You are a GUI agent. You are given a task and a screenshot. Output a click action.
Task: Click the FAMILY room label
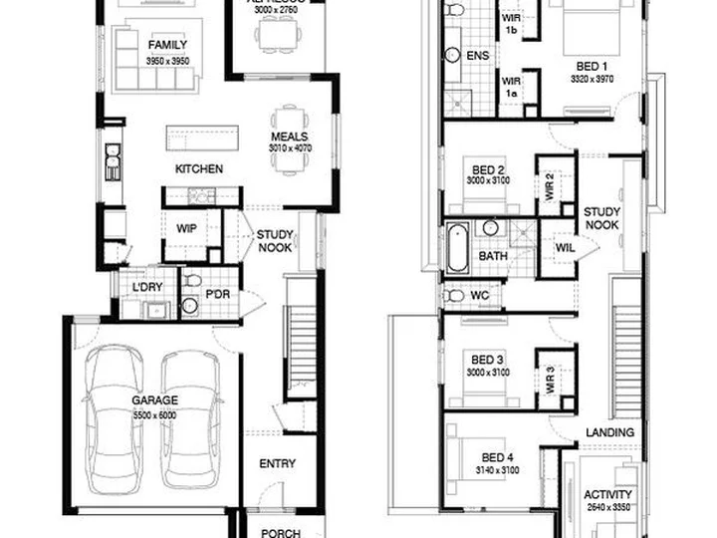(167, 46)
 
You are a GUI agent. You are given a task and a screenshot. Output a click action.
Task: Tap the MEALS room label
(289, 137)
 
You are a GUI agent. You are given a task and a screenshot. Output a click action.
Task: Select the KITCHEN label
(199, 169)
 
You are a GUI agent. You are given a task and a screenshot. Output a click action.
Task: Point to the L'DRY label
(148, 289)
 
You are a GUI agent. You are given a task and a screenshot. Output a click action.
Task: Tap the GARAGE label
(156, 402)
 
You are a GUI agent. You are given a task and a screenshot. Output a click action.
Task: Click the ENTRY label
(278, 464)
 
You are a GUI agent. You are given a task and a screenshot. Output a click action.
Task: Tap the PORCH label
(281, 533)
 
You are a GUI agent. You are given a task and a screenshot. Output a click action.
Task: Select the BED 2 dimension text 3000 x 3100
(487, 182)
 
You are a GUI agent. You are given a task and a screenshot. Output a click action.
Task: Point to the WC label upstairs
(478, 296)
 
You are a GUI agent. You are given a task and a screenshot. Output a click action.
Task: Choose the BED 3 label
(487, 360)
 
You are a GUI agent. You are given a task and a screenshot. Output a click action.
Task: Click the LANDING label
(610, 431)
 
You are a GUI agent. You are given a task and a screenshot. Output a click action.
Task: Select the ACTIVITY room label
(606, 495)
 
